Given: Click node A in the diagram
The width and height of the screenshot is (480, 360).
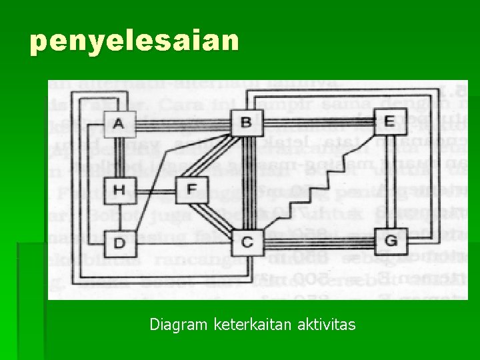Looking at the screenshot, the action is click(x=119, y=123).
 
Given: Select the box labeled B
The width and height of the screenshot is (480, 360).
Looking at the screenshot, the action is click(x=245, y=122).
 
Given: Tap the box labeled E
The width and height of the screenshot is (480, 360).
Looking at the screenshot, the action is click(x=389, y=121).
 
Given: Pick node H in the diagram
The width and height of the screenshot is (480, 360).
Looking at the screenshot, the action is click(x=119, y=190).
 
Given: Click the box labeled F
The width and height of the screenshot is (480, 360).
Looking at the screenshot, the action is click(x=191, y=190).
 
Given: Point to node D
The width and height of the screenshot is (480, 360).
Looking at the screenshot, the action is click(x=119, y=242).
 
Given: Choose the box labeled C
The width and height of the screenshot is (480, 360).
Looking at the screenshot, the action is click(x=247, y=241).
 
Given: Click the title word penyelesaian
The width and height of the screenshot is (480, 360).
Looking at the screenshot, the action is click(x=134, y=41).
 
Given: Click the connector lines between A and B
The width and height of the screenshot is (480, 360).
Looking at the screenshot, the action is click(x=180, y=123).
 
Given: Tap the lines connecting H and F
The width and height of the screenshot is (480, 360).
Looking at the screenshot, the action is click(x=155, y=190).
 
